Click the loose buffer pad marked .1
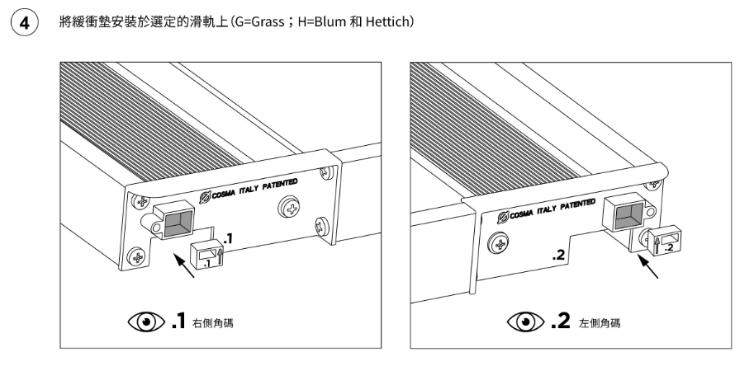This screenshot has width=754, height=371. [206, 255]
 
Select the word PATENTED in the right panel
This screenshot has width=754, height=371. [576, 204]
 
